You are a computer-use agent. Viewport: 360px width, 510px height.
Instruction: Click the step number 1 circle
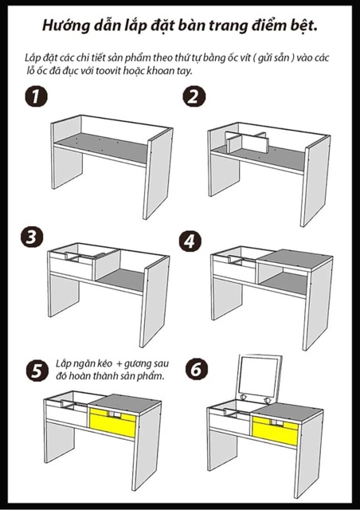coord(36,97)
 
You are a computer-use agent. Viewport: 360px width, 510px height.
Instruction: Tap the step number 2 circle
coord(194,96)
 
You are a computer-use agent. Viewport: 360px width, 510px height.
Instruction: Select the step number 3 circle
coord(32,237)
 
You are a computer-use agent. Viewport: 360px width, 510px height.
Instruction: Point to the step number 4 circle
coord(190,241)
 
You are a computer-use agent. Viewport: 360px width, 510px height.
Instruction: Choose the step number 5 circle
coord(37,371)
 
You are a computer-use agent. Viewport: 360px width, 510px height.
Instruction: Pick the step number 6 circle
coord(197,370)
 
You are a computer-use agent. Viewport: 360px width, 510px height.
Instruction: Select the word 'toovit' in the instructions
coord(108,71)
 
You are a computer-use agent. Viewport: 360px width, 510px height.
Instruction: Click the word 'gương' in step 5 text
coord(134,364)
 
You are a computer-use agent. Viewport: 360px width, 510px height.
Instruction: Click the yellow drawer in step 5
coord(112,422)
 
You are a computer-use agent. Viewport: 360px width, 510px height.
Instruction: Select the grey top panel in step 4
coord(295,259)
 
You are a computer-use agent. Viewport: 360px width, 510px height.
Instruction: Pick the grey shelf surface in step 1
coord(101,146)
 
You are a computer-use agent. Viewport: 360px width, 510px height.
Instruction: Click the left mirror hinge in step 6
coord(243,398)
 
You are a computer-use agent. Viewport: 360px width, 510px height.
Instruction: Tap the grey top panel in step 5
coord(125,404)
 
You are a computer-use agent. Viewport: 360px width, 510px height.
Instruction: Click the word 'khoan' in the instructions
coord(161,71)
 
